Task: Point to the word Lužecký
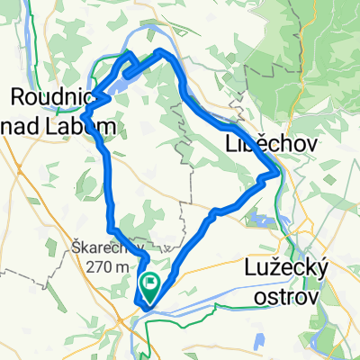click(286, 267)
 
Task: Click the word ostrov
click(284, 298)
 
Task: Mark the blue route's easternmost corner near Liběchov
click(276, 167)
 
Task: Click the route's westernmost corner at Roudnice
click(83, 115)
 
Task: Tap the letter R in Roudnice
click(16, 94)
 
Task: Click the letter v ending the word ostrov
click(314, 298)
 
